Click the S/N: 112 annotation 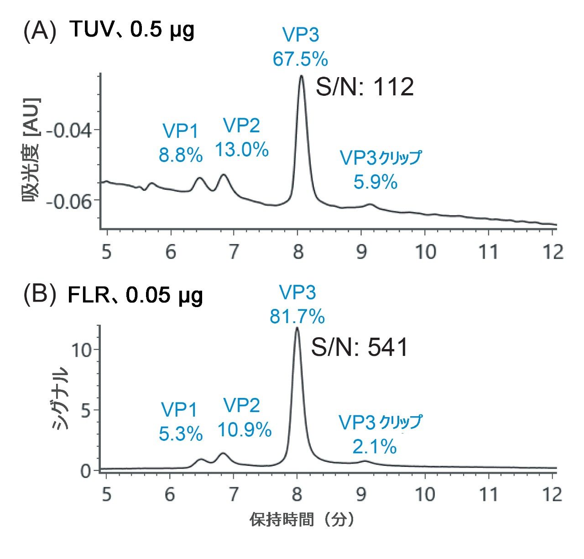tap(365, 87)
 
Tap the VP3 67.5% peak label tap(300, 47)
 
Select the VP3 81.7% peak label tap(297, 304)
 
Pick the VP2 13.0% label tap(241, 137)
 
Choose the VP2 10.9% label tap(244, 417)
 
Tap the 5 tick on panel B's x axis tap(106, 495)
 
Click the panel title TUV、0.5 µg tap(132, 31)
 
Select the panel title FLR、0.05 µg tap(136, 296)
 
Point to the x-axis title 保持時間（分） tap(302, 520)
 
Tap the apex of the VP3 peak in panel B tap(297, 328)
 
